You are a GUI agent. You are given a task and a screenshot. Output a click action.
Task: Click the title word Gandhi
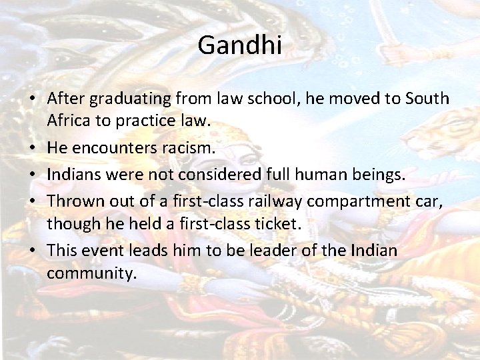240,46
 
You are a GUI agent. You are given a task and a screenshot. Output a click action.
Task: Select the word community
91,273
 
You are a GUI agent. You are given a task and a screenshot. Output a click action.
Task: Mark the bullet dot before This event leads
33,251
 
